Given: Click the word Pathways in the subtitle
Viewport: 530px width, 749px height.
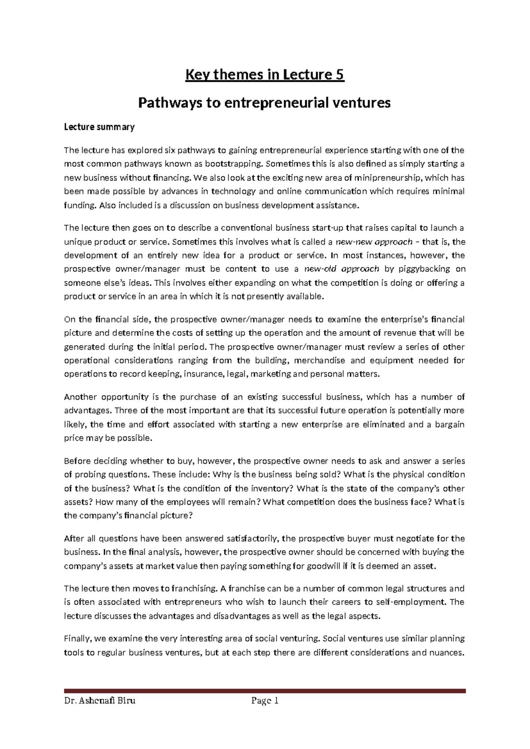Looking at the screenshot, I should [165, 103].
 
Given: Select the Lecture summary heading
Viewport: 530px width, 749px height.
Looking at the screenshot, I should [99, 127].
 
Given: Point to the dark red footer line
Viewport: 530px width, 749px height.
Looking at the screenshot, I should [265, 691].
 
